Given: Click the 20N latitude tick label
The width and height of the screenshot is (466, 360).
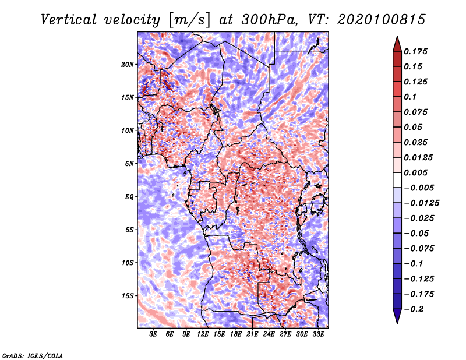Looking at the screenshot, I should point(128,64).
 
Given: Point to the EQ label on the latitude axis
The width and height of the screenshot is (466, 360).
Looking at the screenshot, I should point(129,196).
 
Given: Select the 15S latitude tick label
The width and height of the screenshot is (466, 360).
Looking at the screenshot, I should point(128,295).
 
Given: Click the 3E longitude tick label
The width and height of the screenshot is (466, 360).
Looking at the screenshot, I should point(154,334).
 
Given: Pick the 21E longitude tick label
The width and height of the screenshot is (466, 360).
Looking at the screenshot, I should point(252,334).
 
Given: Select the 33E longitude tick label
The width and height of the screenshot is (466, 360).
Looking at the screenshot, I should point(318,334).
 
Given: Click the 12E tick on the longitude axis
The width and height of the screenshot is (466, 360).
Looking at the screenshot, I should point(203,334).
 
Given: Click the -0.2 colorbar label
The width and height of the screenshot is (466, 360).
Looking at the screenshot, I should point(415,309).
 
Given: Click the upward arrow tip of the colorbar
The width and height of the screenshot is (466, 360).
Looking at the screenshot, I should point(396,37).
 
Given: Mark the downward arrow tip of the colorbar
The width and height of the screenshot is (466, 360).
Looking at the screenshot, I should point(396,322).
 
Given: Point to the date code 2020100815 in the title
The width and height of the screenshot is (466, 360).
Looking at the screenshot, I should point(373,19).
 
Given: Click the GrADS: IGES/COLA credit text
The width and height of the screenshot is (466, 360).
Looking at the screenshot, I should point(33,355).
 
